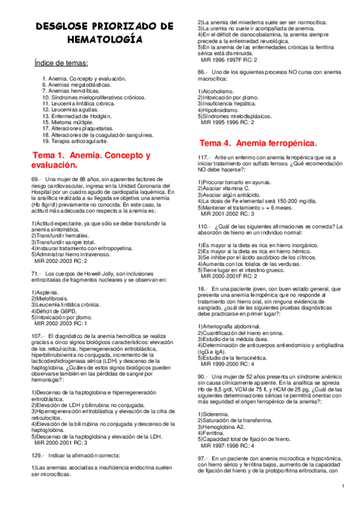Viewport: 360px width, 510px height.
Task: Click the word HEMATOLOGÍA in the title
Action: click(x=105, y=40)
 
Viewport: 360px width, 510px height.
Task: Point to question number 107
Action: click(x=37, y=335)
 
